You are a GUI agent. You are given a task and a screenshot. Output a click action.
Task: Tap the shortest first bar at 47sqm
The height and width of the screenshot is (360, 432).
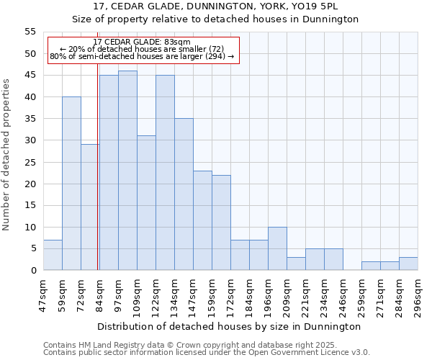53,255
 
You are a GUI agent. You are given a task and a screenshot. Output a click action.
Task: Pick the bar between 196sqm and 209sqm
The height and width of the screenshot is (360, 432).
277,248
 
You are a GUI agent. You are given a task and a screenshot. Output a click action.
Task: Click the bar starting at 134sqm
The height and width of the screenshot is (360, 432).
184,194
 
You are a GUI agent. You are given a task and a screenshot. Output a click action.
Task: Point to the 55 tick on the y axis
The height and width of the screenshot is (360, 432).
30,32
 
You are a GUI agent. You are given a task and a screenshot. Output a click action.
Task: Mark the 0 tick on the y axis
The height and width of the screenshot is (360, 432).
32,271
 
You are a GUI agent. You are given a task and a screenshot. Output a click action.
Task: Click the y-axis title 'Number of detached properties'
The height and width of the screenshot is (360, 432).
7,155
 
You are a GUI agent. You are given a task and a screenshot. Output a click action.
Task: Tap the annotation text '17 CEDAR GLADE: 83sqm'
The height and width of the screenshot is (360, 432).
142,42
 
